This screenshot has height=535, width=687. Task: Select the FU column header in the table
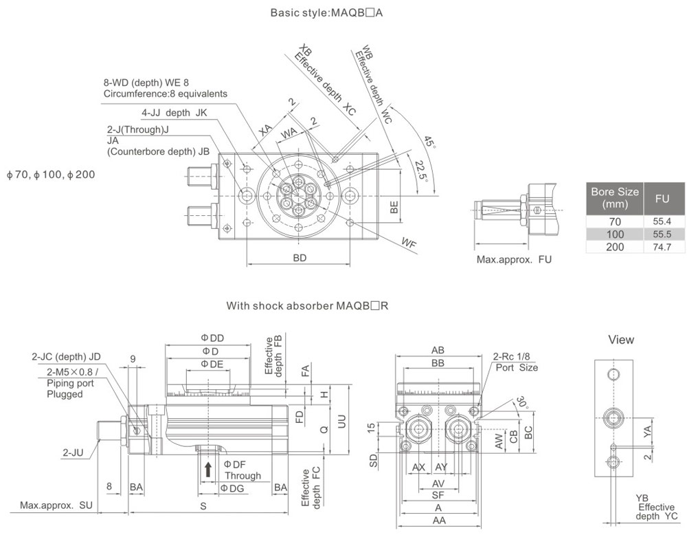[662, 198]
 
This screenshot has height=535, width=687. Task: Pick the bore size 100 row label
[615, 234]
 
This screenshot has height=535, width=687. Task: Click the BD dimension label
[300, 258]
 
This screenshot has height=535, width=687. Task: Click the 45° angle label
[430, 143]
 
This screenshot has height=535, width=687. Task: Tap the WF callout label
[409, 241]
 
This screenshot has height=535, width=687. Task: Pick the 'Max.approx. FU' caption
[514, 260]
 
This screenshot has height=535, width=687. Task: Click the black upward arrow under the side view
[208, 470]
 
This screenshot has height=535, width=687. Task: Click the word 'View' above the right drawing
[621, 340]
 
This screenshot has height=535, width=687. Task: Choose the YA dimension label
[646, 430]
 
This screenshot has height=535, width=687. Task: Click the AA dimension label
[436, 521]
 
